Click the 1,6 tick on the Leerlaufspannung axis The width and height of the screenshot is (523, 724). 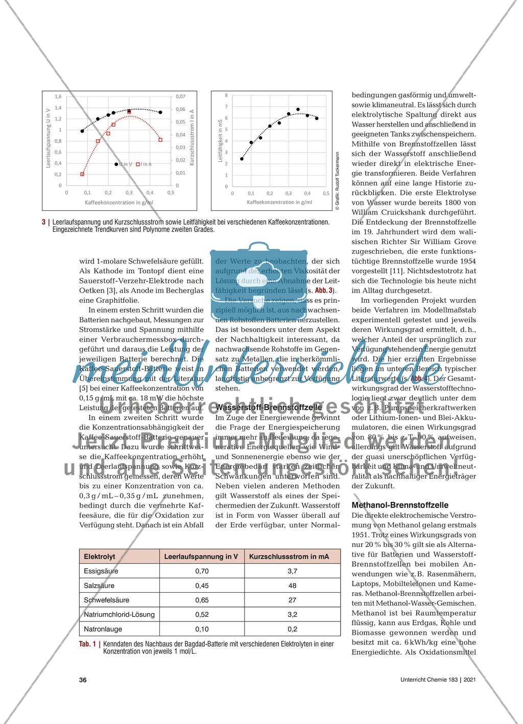(58, 96)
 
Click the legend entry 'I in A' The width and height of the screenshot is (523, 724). (144, 164)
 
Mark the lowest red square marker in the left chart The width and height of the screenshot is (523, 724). (82, 174)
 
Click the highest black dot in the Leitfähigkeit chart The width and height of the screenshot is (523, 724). (298, 109)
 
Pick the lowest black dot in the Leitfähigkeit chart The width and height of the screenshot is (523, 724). (242, 159)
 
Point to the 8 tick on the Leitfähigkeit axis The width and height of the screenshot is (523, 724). (226, 95)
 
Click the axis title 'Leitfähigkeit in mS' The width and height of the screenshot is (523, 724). (220, 141)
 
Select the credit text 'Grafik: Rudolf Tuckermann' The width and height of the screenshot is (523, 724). (338, 181)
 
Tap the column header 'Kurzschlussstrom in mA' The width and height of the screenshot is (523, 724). (289, 557)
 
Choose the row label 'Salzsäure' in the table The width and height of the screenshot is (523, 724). (99, 586)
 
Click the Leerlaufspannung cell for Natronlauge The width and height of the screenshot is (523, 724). (202, 629)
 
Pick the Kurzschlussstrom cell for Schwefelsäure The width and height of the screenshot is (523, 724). (293, 600)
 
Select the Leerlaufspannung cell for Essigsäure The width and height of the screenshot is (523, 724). (202, 571)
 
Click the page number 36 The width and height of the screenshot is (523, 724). (83, 680)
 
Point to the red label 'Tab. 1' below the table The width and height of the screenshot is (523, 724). (87, 644)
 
